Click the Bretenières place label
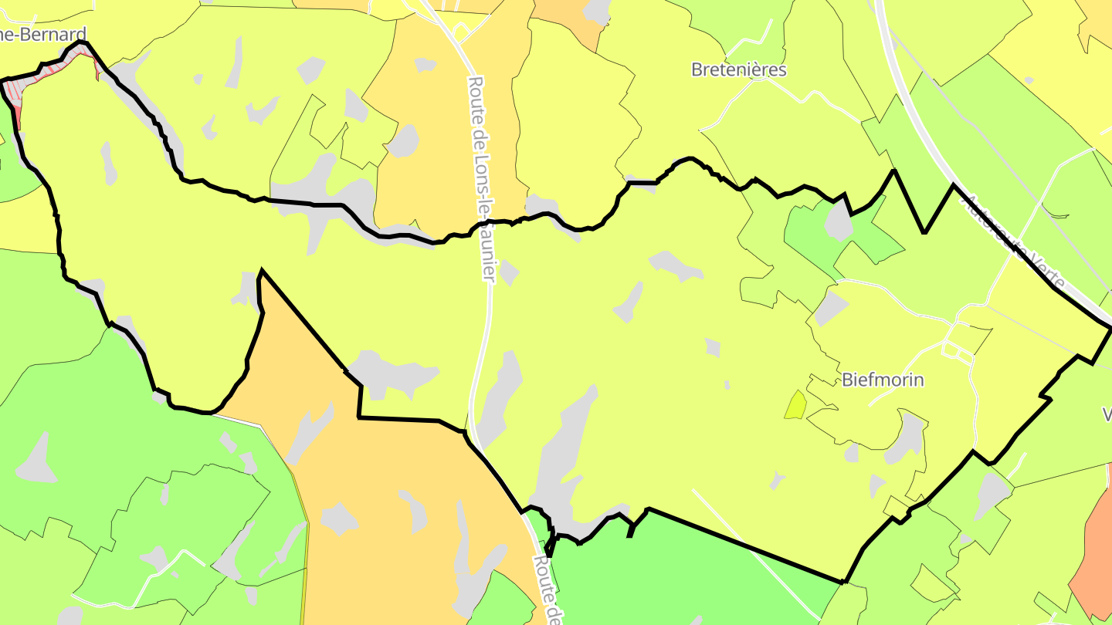click(x=738, y=69)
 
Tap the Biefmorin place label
click(x=883, y=380)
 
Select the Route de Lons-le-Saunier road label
click(x=480, y=177)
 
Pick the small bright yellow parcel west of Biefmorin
click(x=795, y=404)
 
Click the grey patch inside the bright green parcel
click(x=838, y=222)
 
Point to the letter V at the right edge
click(x=1107, y=415)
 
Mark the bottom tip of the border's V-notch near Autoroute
click(x=924, y=231)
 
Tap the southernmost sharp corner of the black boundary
click(x=844, y=582)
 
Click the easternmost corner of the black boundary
click(x=1110, y=329)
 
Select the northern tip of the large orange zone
click(x=262, y=271)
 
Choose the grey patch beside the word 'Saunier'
click(x=508, y=272)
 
